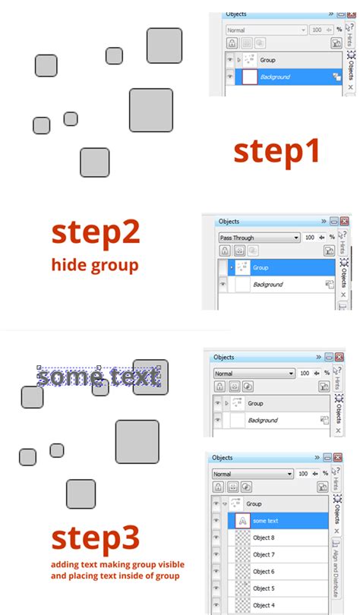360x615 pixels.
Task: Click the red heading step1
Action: [276, 152]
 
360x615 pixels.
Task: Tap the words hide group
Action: [95, 265]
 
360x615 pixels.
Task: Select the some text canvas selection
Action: [99, 377]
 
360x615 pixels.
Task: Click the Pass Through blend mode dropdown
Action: [258, 238]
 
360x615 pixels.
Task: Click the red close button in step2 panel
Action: [344, 221]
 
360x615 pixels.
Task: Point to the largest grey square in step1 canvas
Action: [151, 110]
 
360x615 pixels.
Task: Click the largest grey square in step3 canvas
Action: [137, 442]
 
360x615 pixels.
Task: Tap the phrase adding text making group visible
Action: [118, 565]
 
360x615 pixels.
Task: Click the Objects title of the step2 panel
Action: [229, 222]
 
